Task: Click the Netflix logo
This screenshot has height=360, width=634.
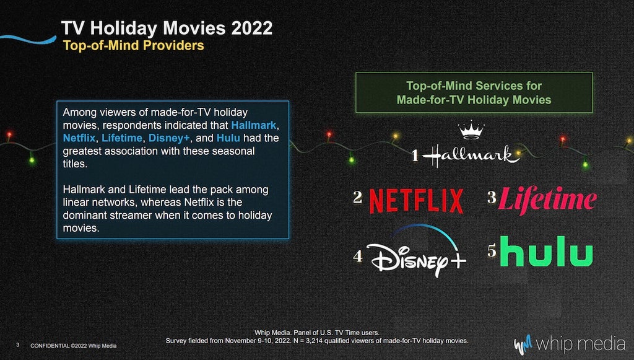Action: tap(417, 201)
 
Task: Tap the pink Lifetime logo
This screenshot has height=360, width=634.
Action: tap(547, 200)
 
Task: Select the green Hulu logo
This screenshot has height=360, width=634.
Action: tap(547, 251)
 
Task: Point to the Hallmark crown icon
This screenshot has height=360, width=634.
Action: tap(471, 130)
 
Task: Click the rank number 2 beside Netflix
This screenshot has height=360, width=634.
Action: tap(357, 197)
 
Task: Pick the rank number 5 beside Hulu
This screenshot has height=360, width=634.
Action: tap(492, 250)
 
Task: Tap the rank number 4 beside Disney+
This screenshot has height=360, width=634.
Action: tap(357, 256)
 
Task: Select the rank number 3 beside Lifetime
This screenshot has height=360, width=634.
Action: tap(492, 197)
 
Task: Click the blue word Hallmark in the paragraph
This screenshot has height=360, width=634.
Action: tap(253, 125)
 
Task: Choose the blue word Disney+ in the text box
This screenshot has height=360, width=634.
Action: tap(169, 138)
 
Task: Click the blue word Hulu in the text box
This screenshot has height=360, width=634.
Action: tap(228, 138)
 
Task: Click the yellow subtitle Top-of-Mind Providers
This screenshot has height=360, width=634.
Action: tap(134, 45)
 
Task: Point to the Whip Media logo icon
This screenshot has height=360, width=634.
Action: tap(523, 345)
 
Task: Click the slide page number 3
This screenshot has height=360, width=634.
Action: tap(17, 345)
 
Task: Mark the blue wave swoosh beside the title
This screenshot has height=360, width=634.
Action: tap(28, 39)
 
